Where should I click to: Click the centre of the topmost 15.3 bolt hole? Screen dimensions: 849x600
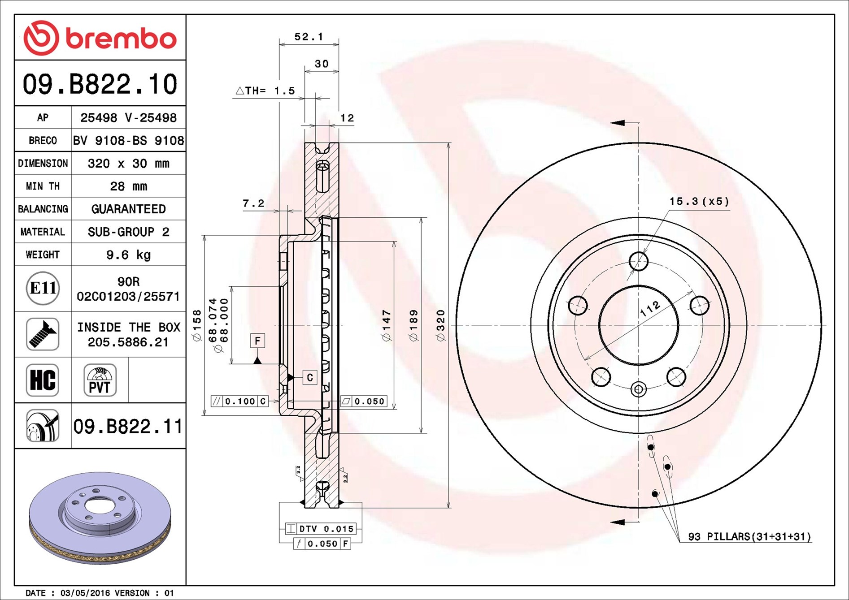point(638,261)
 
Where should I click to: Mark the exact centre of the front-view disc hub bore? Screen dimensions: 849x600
point(638,325)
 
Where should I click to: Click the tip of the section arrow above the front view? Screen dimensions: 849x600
point(610,122)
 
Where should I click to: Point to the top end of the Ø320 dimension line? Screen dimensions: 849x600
point(448,143)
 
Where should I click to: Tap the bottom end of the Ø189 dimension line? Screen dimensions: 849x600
point(421,433)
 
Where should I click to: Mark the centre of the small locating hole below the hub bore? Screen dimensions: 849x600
point(638,389)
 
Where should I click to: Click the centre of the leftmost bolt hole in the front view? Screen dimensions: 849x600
point(578,306)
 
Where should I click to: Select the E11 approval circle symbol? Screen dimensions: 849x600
point(43,288)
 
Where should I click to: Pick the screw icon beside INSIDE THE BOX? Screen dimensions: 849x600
point(43,334)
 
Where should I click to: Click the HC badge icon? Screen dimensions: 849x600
point(43,380)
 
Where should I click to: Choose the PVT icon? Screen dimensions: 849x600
point(100,380)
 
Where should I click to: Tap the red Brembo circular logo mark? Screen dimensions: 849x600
point(41,38)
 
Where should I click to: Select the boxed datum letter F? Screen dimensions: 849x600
point(257,341)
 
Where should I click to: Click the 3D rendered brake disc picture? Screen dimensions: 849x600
point(100,518)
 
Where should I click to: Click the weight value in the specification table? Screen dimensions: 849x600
point(128,255)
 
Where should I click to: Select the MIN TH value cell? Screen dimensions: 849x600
point(128,186)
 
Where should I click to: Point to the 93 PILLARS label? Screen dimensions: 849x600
point(749,536)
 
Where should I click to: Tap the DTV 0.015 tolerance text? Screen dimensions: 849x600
point(327,529)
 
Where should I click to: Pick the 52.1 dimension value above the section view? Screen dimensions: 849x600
point(309,37)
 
